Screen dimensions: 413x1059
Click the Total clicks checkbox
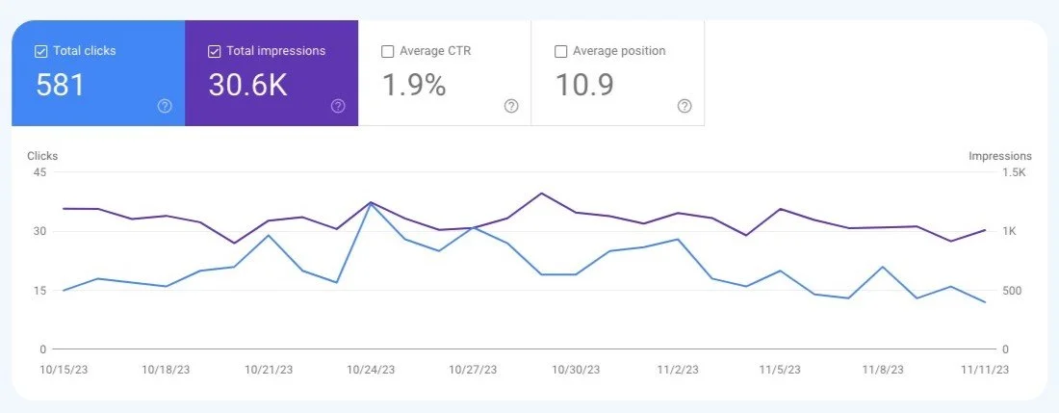point(39,51)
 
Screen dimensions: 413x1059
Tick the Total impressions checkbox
point(215,51)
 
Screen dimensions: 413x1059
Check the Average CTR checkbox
point(387,51)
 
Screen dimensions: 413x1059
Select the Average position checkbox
point(560,51)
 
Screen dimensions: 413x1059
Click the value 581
point(61,86)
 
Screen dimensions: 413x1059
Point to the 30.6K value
point(247,86)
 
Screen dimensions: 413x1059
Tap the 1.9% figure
point(414,86)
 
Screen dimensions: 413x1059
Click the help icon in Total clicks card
point(165,106)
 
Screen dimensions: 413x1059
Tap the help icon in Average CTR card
point(511,106)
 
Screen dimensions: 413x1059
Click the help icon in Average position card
point(684,106)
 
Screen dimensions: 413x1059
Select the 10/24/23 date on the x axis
point(370,370)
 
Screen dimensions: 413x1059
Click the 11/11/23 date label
point(986,370)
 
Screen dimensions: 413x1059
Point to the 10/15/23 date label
point(63,370)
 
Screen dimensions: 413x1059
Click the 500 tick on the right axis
point(1012,291)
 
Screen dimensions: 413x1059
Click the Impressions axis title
point(999,156)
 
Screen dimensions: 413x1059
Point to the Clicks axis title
point(42,156)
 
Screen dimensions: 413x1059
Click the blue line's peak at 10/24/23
point(371,203)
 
